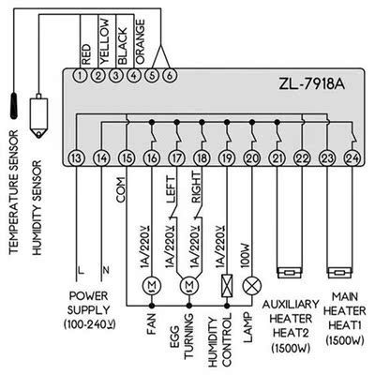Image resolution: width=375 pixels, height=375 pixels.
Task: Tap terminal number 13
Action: click(x=76, y=157)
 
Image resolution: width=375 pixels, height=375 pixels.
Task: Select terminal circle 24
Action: click(x=352, y=157)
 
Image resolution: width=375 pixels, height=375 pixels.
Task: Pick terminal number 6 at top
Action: click(x=169, y=74)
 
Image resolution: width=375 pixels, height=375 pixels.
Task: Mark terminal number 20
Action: click(x=251, y=157)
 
